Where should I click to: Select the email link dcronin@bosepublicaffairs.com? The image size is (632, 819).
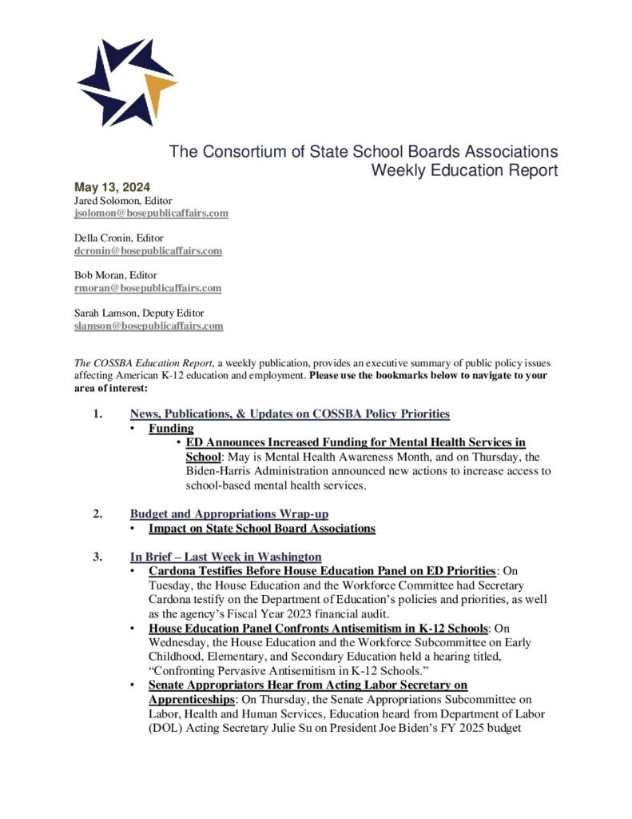click(x=148, y=250)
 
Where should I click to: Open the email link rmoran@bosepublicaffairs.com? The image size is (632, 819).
click(x=148, y=288)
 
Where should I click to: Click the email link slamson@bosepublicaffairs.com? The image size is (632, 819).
click(x=149, y=326)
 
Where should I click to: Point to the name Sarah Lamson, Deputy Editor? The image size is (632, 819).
click(x=136, y=314)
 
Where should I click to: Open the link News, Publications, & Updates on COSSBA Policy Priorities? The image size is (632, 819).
click(x=289, y=413)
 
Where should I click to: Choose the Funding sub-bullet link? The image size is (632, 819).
click(x=171, y=429)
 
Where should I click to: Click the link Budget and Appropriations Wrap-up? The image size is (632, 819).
click(x=229, y=513)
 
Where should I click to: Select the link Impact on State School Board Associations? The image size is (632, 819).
click(x=261, y=529)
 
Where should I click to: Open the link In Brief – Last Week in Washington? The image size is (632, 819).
click(x=225, y=556)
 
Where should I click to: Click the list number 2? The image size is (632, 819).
click(x=97, y=513)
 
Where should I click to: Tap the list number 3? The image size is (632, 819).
click(x=97, y=556)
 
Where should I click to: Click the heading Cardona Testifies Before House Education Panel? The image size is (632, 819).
click(x=321, y=571)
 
